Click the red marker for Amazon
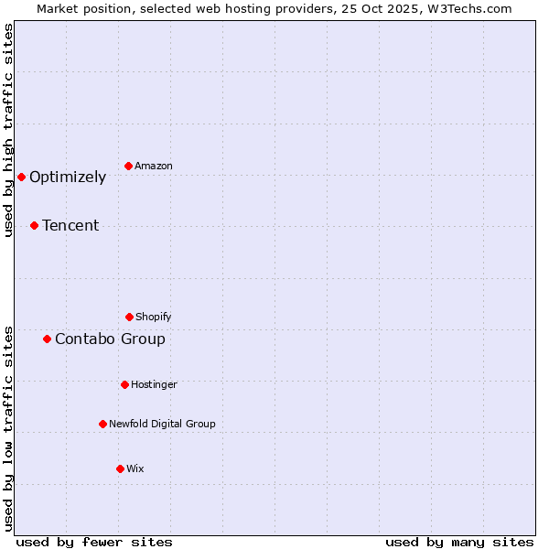point(128,166)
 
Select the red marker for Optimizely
point(21,177)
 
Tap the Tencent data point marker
point(34,225)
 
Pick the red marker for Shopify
point(129,317)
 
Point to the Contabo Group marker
point(47,339)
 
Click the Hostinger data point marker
point(124,384)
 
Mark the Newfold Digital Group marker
point(102,424)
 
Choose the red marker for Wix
point(120,468)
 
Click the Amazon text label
point(154,166)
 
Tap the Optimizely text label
point(68,178)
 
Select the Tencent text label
point(70,226)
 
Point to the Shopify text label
point(154,317)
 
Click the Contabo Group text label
point(110,339)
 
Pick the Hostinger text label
point(154,384)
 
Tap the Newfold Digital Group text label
point(162,424)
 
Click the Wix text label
point(135,468)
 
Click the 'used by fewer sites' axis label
point(94,542)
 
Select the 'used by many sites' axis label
point(459,542)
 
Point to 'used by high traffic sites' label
point(8,131)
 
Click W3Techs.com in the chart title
point(468,8)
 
